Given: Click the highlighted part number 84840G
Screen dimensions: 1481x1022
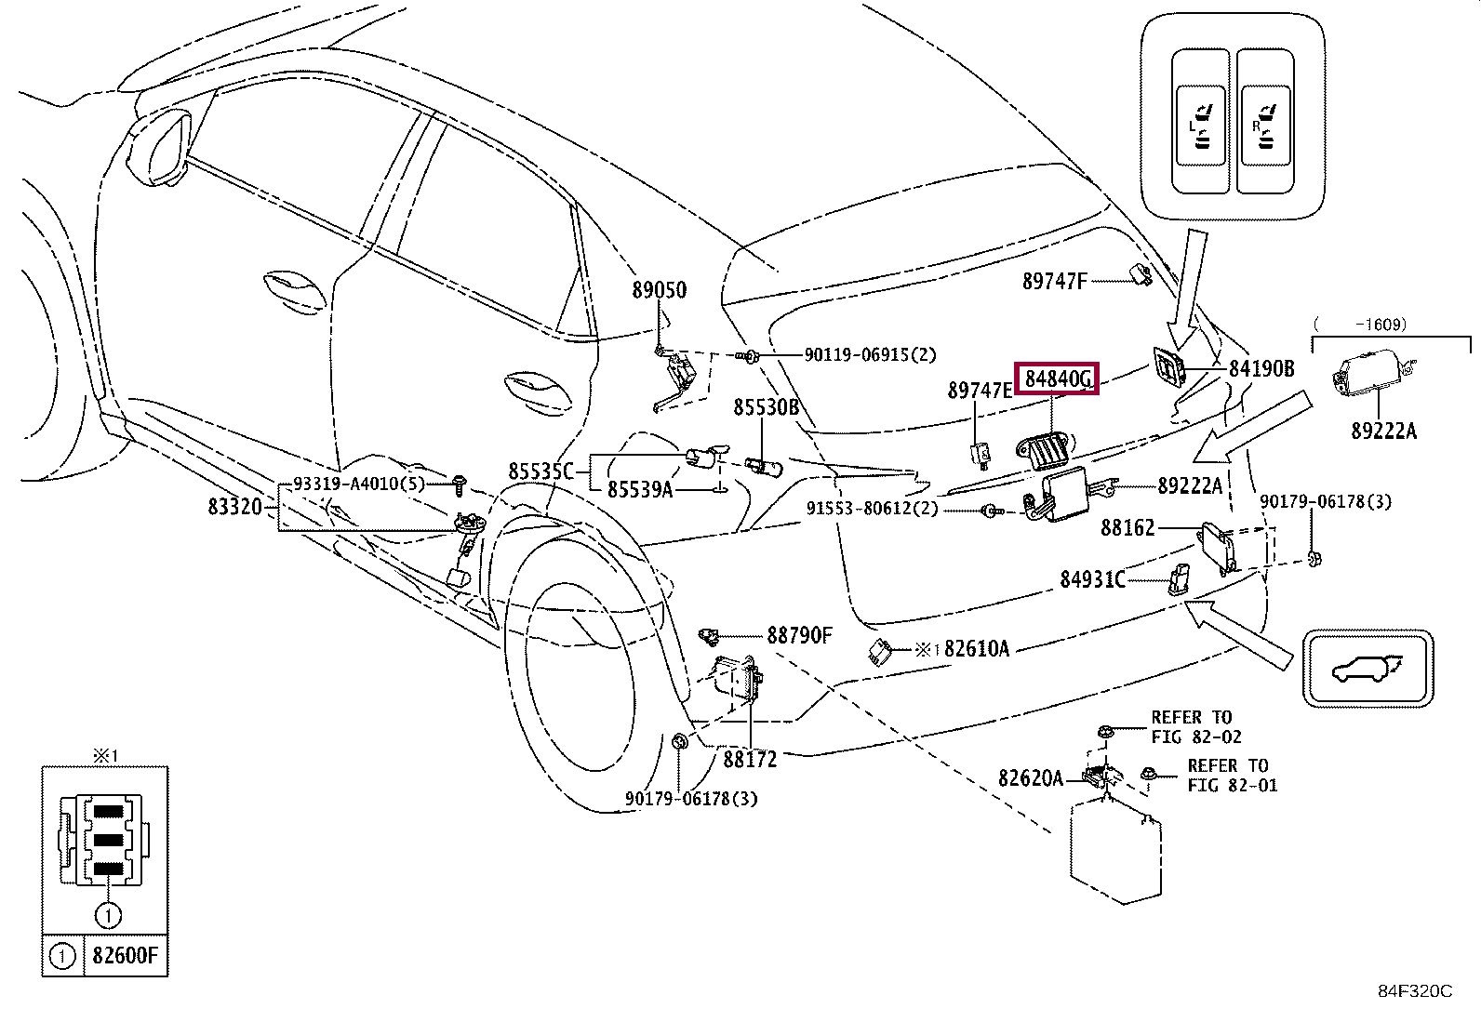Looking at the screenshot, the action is [1057, 378].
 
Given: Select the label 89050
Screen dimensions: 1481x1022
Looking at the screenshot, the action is [660, 289].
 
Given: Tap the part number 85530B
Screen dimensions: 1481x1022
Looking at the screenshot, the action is [766, 407].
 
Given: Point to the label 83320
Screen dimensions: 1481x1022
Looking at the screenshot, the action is [234, 507].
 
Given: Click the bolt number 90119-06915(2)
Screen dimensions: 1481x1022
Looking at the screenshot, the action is [870, 355].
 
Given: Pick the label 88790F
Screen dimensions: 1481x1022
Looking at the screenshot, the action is [799, 635].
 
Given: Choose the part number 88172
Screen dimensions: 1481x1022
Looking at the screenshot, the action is [750, 759].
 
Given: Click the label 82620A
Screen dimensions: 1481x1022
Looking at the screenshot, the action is [1031, 778].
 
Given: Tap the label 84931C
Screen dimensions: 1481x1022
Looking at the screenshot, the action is [1092, 579].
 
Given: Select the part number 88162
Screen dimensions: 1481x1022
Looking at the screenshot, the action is [1127, 527].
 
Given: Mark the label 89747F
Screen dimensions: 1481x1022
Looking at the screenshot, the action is [1055, 281].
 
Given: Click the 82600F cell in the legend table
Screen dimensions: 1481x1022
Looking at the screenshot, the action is [126, 955].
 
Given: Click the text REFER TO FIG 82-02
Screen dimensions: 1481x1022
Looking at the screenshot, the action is [1196, 727].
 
